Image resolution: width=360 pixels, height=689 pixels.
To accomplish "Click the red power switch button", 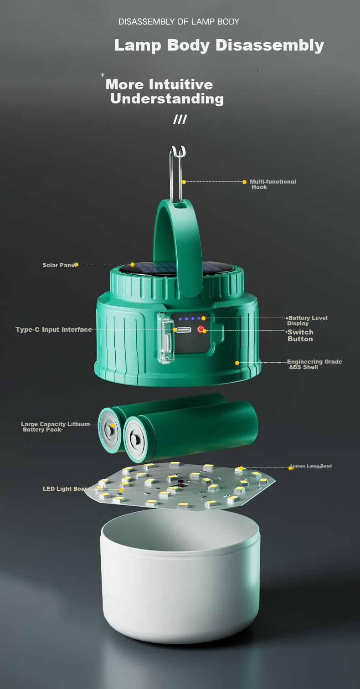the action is click(x=201, y=329).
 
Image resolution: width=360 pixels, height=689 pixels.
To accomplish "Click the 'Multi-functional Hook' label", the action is click(x=273, y=184).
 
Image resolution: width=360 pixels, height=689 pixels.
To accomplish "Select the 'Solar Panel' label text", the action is click(x=59, y=265).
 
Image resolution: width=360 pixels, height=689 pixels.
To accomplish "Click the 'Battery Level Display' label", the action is click(x=307, y=320).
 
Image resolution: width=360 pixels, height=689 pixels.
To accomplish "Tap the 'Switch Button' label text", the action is click(x=300, y=335).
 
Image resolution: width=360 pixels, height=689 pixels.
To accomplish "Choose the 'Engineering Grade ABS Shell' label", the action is click(x=314, y=364).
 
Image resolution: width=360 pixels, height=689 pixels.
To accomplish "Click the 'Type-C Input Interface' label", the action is click(x=54, y=329).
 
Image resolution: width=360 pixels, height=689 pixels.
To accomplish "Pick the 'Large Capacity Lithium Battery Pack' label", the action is click(x=55, y=427).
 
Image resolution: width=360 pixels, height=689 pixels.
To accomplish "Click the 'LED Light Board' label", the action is click(x=66, y=489).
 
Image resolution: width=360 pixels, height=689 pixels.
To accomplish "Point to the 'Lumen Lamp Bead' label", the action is click(x=311, y=466).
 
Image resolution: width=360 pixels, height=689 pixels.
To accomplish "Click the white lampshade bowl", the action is click(x=180, y=578).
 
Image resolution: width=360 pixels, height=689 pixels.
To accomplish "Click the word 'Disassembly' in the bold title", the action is click(x=270, y=45).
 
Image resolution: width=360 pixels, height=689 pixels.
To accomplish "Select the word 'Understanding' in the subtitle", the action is click(x=167, y=99).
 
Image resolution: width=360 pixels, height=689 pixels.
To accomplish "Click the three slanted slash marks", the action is click(x=180, y=119).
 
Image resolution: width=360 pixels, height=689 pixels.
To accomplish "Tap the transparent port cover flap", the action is click(x=165, y=338).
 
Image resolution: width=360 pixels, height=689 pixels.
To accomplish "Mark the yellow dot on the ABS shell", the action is click(x=237, y=363).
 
